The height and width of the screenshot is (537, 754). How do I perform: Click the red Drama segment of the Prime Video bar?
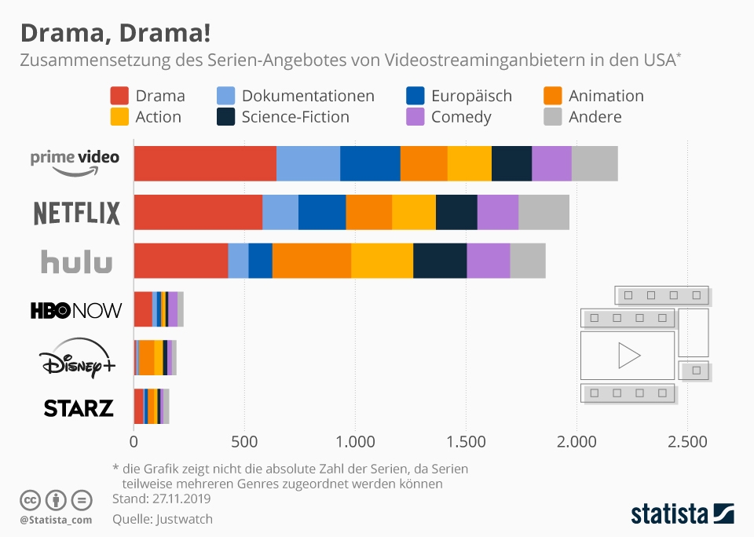(x=204, y=163)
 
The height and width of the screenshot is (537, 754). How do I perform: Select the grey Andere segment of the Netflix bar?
(x=544, y=212)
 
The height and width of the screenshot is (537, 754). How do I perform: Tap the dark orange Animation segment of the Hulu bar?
(x=311, y=261)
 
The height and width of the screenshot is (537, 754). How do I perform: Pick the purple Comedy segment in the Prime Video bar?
(x=551, y=163)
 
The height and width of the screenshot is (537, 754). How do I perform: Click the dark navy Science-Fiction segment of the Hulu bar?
(x=440, y=261)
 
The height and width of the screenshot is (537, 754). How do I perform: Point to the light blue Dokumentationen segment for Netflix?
(x=280, y=212)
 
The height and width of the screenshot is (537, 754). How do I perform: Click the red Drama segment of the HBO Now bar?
(x=142, y=309)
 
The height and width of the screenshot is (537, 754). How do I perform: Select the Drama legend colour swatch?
(x=119, y=96)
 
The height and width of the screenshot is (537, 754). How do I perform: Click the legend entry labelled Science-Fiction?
(x=295, y=117)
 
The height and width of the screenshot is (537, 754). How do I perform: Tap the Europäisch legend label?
(x=471, y=96)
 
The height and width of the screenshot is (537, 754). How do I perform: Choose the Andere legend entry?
(x=595, y=117)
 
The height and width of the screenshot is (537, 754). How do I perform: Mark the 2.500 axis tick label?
(x=687, y=442)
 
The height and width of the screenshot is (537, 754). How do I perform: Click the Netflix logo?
(x=76, y=213)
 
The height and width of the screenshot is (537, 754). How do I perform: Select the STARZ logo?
(x=79, y=408)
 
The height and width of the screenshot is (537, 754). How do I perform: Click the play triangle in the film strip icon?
(x=628, y=356)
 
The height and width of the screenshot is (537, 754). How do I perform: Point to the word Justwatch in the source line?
(x=185, y=519)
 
